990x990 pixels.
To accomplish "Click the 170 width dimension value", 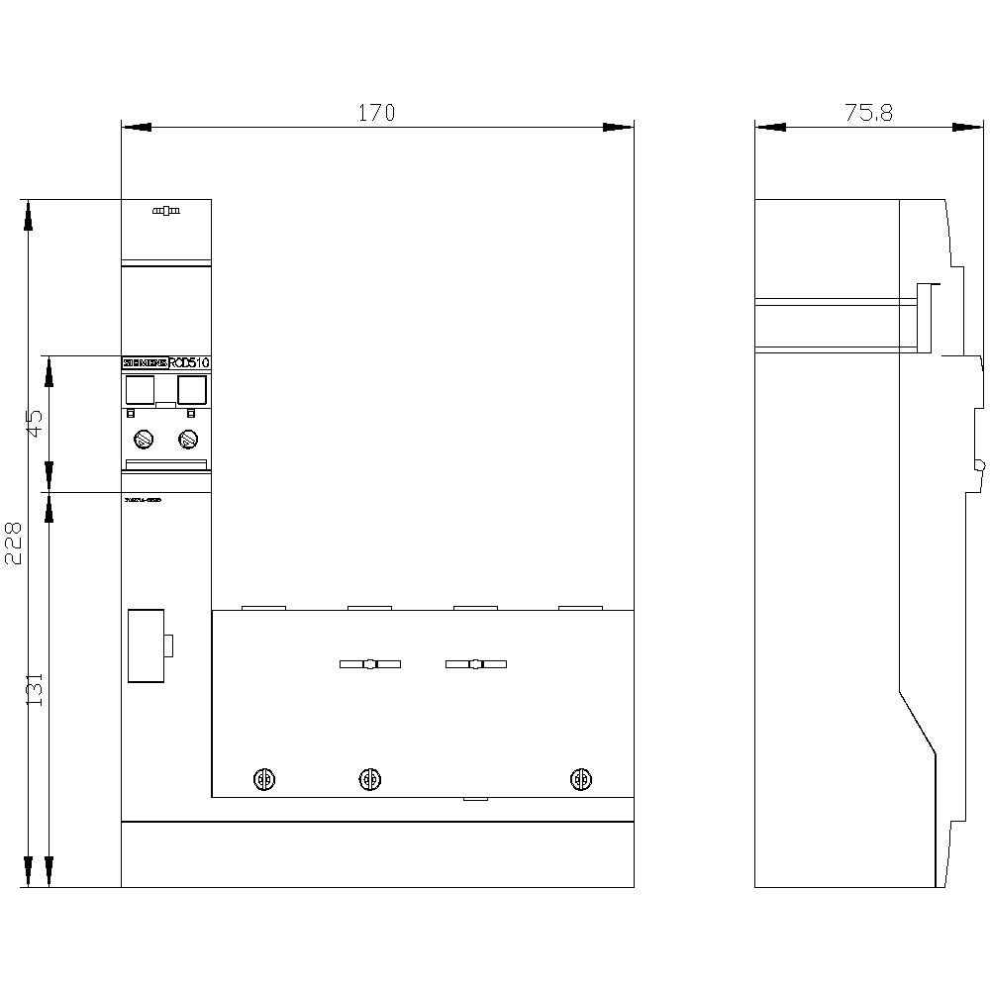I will tap(376, 113).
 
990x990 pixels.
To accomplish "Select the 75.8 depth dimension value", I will tap(868, 113).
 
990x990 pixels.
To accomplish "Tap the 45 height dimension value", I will tap(36, 424).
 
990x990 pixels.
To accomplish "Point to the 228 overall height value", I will tap(13, 544).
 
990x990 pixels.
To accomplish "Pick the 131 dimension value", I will tap(36, 689).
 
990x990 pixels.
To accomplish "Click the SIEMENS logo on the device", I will tap(145, 363).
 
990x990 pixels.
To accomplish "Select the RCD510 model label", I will tap(189, 363).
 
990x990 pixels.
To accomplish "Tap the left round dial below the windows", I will tap(142, 439).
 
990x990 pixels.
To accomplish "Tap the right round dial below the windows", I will tap(186, 439).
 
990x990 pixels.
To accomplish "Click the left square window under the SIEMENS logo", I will tap(141, 390).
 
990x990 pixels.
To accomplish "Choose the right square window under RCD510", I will tap(190, 390).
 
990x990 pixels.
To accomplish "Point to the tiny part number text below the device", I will tap(143, 501).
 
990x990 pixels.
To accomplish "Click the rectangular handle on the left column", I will tap(147, 645).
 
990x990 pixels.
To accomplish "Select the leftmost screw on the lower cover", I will tap(264, 779).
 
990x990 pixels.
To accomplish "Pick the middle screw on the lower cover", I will tap(370, 779).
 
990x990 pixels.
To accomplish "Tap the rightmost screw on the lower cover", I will tap(582, 779).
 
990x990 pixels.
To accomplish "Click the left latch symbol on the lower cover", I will tap(369, 664).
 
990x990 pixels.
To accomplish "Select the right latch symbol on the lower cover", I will tap(475, 664).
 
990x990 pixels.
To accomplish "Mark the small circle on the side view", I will tap(979, 464).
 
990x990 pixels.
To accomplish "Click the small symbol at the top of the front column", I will tap(165, 211).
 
